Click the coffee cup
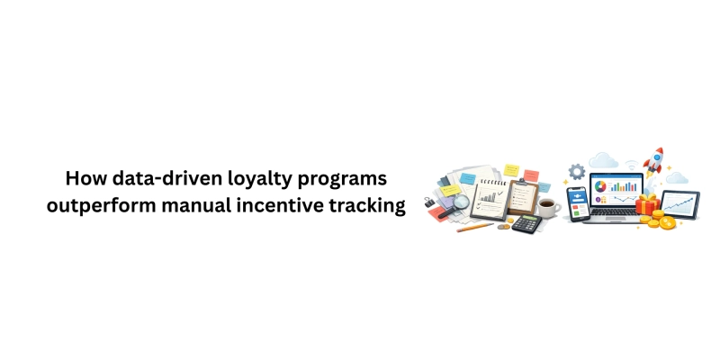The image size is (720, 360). pos(548,208)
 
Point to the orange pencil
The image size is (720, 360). pos(475,227)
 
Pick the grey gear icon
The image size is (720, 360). pos(577,171)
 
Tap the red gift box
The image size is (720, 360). pos(646,205)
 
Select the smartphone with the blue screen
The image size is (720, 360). pos(577,203)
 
